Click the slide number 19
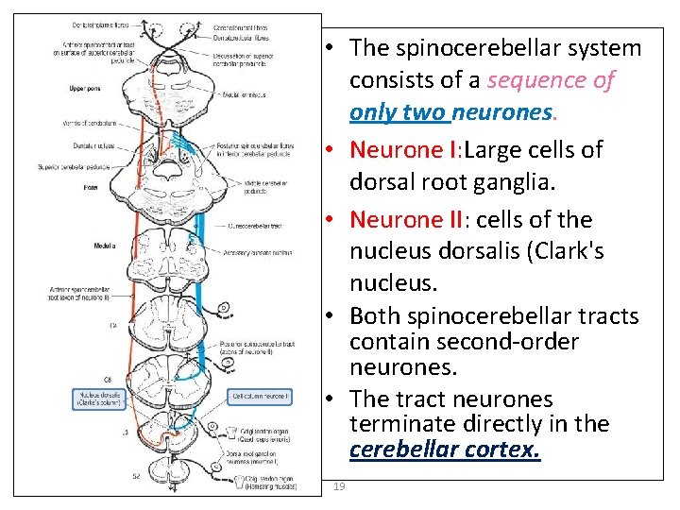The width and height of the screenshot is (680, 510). tap(339, 486)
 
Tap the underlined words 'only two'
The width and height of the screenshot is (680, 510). tap(397, 112)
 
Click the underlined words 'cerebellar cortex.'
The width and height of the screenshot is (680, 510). tap(445, 450)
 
